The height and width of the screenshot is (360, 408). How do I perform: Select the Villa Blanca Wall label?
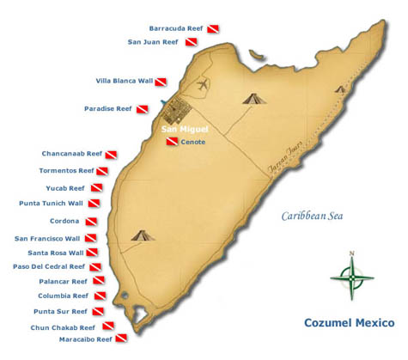point(125,81)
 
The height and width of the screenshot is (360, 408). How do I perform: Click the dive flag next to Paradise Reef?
point(143,109)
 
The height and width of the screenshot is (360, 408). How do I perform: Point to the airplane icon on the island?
point(203,85)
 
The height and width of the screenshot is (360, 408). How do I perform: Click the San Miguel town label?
point(185,130)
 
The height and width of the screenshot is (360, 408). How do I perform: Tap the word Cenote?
point(193,142)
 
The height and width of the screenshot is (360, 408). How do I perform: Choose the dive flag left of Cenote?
point(172,142)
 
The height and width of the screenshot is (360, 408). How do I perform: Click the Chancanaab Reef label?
point(71,154)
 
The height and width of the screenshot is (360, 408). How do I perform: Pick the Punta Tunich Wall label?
point(51,204)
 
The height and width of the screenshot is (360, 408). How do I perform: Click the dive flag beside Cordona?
point(92,221)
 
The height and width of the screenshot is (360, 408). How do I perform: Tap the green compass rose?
point(351,276)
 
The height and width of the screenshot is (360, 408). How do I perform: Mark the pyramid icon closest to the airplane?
point(252,98)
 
